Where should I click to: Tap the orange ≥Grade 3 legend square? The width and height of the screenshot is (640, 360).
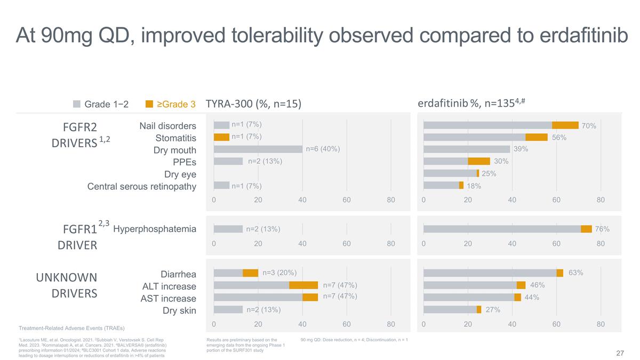[149, 103]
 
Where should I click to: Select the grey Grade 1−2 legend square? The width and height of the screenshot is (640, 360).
[76, 103]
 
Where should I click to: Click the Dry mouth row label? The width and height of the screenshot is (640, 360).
[175, 150]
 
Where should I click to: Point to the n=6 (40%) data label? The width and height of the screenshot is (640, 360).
[323, 149]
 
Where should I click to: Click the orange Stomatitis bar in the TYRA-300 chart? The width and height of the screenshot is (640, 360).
[221, 137]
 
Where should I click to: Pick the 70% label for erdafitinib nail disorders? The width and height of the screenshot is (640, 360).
[589, 126]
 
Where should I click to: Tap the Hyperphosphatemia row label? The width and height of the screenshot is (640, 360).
[155, 229]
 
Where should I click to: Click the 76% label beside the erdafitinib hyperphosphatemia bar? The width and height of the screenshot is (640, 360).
[602, 229]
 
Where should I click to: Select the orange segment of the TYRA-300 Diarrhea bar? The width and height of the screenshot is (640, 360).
[250, 273]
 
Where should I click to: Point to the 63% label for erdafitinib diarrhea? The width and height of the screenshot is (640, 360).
[575, 273]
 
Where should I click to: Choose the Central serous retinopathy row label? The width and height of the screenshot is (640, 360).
[142, 186]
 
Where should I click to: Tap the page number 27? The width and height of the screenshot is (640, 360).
[620, 353]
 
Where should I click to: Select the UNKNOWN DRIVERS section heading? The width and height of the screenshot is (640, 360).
[66, 286]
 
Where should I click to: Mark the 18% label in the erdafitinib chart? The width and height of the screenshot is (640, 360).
[474, 186]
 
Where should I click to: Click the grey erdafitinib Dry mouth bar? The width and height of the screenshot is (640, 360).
[466, 149]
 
